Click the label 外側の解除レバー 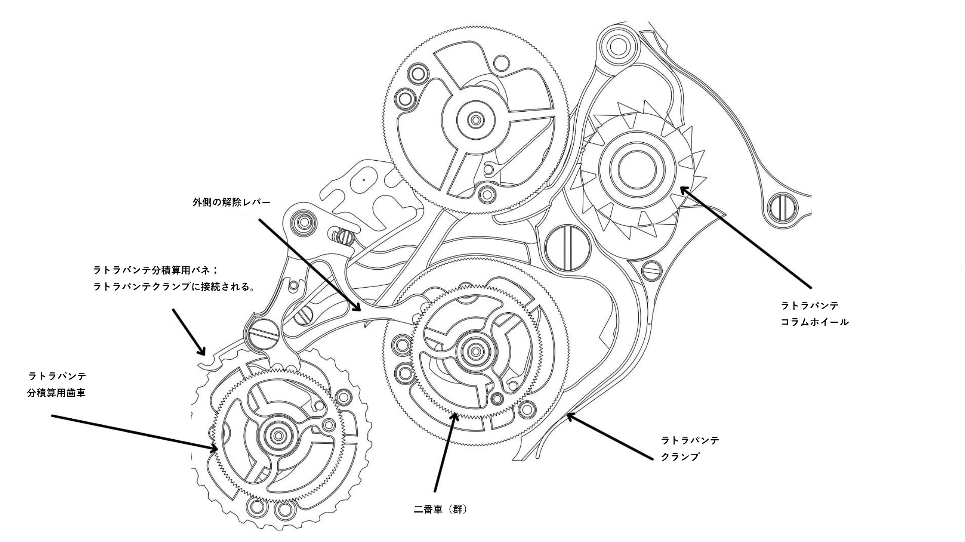coord(231,202)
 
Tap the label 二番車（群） coord(441,510)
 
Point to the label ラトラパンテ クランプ coord(690,448)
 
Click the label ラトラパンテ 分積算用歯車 coord(57,384)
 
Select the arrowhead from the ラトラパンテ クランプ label coord(569,415)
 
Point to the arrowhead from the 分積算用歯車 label coord(215,448)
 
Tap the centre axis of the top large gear coord(476,120)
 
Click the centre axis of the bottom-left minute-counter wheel coord(278,435)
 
